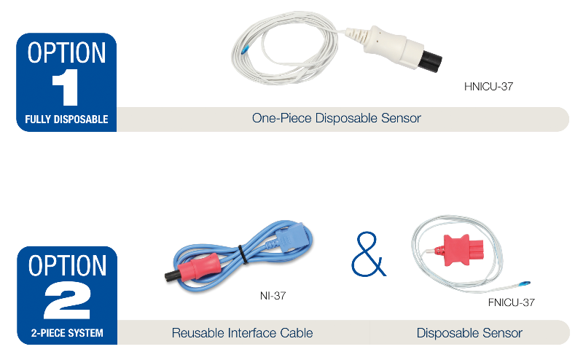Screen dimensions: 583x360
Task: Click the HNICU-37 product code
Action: [488, 87]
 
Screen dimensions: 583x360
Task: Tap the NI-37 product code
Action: [273, 296]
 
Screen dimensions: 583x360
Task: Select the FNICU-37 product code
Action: [512, 302]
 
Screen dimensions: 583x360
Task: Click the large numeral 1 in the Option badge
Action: [65, 87]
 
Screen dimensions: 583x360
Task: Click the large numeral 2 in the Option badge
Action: [67, 300]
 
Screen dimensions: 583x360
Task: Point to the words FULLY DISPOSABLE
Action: [66, 120]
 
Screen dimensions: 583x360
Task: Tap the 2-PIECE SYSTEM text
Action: [67, 332]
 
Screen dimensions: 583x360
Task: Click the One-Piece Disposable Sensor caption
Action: [337, 118]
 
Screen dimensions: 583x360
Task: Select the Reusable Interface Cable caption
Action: [242, 333]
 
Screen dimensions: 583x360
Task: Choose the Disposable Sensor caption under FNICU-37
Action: [469, 333]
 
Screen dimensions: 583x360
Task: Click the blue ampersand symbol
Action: [369, 254]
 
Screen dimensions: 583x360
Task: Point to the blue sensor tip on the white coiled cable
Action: [244, 50]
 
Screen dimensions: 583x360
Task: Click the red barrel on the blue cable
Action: [197, 266]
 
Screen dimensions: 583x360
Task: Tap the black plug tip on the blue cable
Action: [172, 276]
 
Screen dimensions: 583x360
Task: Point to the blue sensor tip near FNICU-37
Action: [523, 283]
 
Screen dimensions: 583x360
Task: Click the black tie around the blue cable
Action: [243, 254]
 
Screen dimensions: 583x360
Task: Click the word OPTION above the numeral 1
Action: [66, 52]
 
